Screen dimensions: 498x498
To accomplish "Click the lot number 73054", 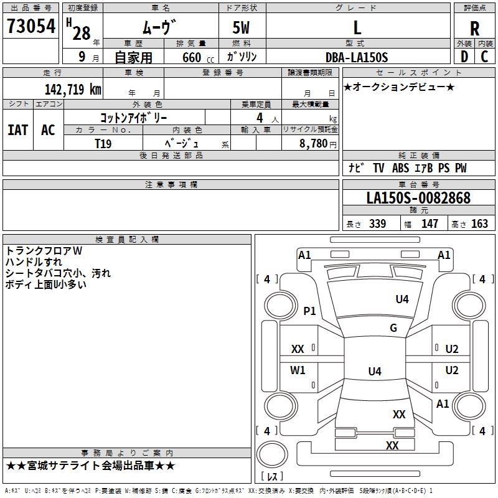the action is (31, 26).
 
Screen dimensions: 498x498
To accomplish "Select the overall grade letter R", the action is (474, 29).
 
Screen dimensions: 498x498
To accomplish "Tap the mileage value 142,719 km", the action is (73, 89).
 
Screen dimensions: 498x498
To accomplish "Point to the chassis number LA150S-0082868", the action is (418, 197).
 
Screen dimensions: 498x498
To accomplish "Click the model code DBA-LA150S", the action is (357, 57).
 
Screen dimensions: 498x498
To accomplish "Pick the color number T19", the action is (103, 144).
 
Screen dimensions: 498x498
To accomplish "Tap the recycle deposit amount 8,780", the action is (314, 143).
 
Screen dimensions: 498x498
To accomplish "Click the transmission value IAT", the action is (18, 130).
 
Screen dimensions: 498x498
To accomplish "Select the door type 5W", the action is (241, 27).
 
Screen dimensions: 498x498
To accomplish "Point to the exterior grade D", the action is (464, 57).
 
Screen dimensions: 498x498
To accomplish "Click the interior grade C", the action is (484, 57).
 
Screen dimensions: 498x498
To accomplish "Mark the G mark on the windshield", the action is (393, 327).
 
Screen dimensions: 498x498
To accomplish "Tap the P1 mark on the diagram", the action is (309, 311).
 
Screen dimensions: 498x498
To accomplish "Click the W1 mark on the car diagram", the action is (298, 370).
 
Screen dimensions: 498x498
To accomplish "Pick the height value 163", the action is (479, 223).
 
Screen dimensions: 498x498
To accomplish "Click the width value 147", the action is (430, 223).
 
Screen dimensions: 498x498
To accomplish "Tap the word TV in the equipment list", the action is (378, 167).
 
